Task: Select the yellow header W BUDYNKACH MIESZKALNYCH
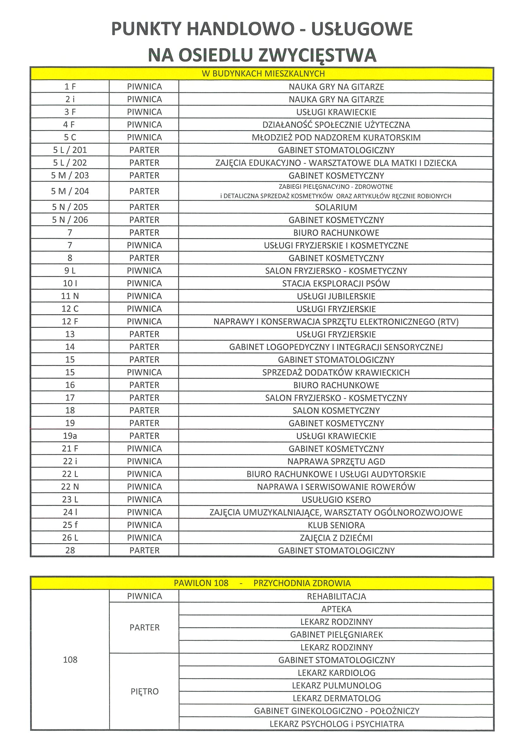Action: [263, 74]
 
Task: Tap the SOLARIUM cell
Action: [336, 207]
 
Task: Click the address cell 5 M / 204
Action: [70, 191]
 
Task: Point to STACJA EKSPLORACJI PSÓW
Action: [336, 284]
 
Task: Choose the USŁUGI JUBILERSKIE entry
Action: [336, 296]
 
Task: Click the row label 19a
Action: [70, 436]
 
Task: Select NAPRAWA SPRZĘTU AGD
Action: [336, 461]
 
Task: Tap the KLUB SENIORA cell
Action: [336, 525]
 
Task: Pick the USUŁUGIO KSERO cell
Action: [336, 500]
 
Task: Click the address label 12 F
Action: [70, 321]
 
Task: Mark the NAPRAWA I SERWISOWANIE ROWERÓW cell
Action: [336, 487]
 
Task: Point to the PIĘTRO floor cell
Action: [145, 691]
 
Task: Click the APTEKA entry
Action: [336, 609]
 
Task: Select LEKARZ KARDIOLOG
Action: [336, 673]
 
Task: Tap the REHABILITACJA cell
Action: [336, 597]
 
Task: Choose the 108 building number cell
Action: [70, 660]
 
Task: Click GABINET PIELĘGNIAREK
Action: [336, 635]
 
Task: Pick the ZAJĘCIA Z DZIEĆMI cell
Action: [336, 538]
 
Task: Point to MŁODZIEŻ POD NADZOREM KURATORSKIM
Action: [336, 137]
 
